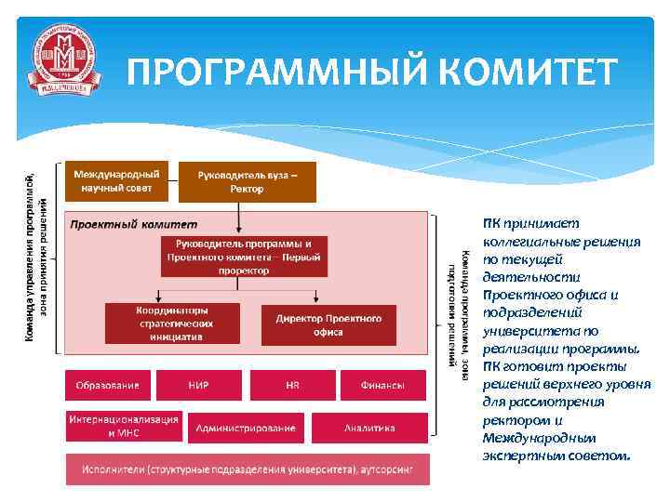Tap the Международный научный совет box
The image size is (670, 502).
[x=116, y=180]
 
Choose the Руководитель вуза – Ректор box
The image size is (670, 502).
[x=247, y=182]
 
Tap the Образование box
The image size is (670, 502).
[x=107, y=385]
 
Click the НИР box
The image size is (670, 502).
[x=199, y=385]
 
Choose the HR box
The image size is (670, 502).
[x=291, y=385]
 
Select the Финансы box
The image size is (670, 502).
[x=382, y=385]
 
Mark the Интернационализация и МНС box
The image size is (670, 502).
[x=123, y=426]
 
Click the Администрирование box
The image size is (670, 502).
[x=245, y=427]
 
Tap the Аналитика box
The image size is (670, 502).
[x=369, y=427]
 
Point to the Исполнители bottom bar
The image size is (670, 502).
[x=247, y=469]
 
